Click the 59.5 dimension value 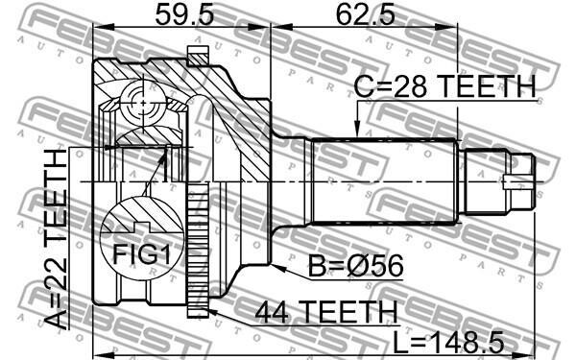pyautogui.click(x=184, y=14)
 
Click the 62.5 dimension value pyautogui.click(x=366, y=14)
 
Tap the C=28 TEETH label pyautogui.click(x=444, y=86)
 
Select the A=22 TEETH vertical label pyautogui.click(x=57, y=239)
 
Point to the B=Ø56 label pyautogui.click(x=355, y=266)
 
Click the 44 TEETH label pyautogui.click(x=326, y=311)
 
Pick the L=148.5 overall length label pyautogui.click(x=448, y=341)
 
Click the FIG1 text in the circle pyautogui.click(x=141, y=254)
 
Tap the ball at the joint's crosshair pyautogui.click(x=142, y=104)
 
